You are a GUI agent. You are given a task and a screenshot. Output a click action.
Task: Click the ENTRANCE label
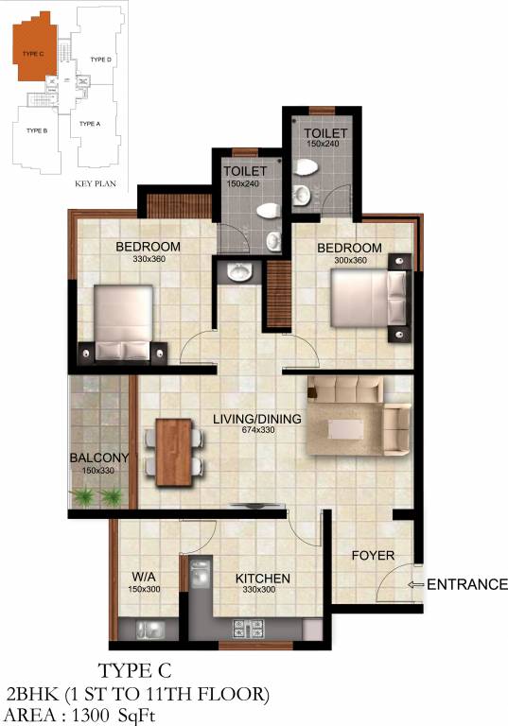pos(467,584)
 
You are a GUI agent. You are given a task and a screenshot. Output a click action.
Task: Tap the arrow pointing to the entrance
pos(414,585)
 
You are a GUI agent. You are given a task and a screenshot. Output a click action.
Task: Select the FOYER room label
pos(373,555)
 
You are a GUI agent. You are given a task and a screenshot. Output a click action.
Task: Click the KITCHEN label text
pos(263,579)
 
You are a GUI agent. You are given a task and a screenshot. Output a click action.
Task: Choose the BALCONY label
pos(99,458)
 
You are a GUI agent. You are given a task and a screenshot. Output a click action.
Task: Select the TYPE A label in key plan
pos(89,124)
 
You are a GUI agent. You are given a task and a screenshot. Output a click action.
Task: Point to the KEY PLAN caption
pos(95,183)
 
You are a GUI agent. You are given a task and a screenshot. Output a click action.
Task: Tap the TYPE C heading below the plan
pos(139,673)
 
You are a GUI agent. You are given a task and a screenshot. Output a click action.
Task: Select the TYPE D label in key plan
pos(101,60)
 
